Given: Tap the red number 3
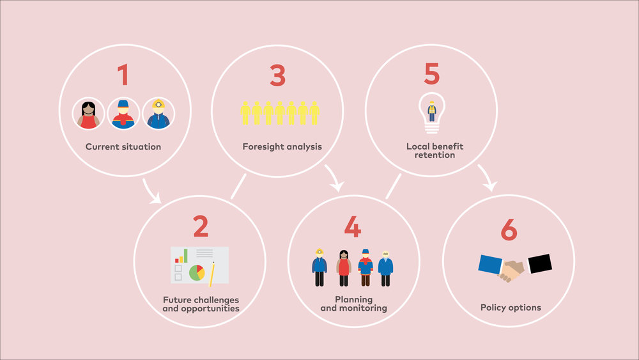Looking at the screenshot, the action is (x=277, y=75).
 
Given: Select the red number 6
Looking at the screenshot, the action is (x=509, y=230).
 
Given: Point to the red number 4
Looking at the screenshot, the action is (x=353, y=227).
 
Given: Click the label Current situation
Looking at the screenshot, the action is (x=123, y=147).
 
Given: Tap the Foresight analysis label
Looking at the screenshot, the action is (x=282, y=147).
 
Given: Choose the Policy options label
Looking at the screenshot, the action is (x=511, y=308).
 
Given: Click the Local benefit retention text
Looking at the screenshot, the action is (x=435, y=150).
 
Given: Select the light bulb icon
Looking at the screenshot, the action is (x=432, y=113).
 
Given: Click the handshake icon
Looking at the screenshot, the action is (x=515, y=267).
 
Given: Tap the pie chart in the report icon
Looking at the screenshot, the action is (x=197, y=273).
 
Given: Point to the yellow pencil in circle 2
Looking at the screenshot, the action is (x=212, y=274).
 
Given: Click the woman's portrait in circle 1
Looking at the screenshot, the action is (x=88, y=114).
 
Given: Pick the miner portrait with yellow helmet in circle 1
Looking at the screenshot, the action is (x=158, y=114).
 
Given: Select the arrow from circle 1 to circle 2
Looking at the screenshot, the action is (x=150, y=192).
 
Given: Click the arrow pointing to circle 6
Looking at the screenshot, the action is (x=487, y=178).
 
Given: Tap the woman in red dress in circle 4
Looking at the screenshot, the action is (x=344, y=268).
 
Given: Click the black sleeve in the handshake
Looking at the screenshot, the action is (x=540, y=264).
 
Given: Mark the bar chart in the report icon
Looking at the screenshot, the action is (x=181, y=256).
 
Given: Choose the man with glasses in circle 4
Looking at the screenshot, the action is (x=385, y=269).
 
